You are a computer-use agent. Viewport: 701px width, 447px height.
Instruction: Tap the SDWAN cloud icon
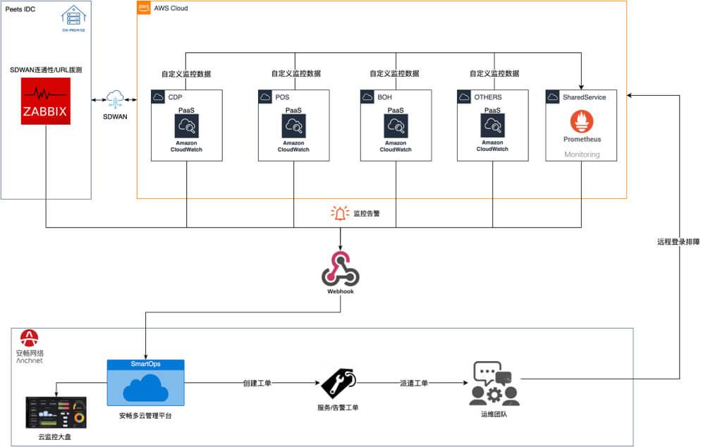click(x=115, y=99)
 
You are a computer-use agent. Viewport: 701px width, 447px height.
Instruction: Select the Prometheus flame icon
click(x=582, y=123)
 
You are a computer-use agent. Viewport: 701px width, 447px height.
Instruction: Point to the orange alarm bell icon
click(x=340, y=212)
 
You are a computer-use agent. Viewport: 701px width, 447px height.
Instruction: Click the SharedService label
click(x=584, y=97)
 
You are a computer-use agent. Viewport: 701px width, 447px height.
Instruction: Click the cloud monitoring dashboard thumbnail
click(x=56, y=412)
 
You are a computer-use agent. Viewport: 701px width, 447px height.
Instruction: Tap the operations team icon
click(x=494, y=384)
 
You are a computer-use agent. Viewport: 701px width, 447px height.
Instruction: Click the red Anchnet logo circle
click(x=29, y=337)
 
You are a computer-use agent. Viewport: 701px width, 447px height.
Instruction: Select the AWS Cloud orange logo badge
click(x=144, y=8)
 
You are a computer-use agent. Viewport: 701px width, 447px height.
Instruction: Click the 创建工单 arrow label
click(x=257, y=384)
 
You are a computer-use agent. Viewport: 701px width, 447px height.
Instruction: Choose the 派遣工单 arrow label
click(x=413, y=384)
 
